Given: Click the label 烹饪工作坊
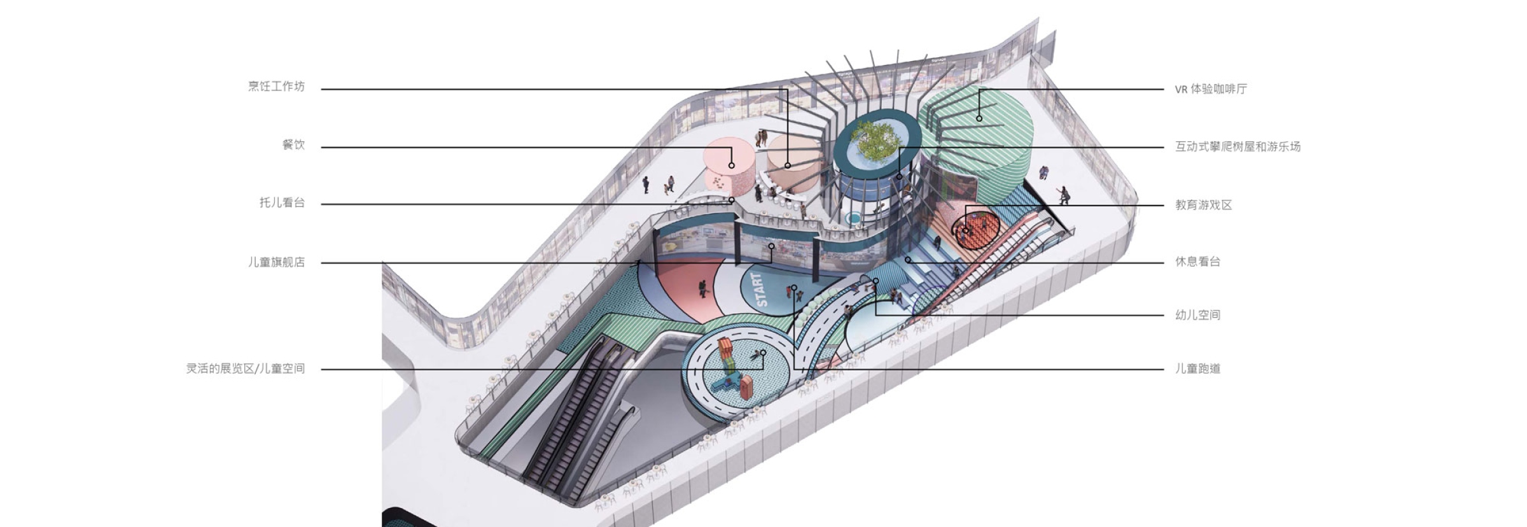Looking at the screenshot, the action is point(276,87).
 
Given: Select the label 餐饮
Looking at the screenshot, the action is point(293,144).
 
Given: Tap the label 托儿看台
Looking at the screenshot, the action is point(282,203).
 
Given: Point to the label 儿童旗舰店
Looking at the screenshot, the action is point(276,262).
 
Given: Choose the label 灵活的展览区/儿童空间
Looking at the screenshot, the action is point(246,369).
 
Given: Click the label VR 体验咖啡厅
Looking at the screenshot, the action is point(1211,89).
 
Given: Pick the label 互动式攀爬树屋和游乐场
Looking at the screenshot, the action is point(1238,146).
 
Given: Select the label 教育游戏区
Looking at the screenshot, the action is point(1203,205).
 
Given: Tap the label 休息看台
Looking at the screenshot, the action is point(1197,262).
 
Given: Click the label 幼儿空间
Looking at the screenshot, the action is point(1197,315).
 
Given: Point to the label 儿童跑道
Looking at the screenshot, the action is point(1197,369).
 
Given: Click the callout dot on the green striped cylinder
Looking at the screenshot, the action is point(979,118).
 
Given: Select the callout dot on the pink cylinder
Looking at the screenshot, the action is point(732,165).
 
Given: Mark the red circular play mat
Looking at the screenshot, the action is point(976,229).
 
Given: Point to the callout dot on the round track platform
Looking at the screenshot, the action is point(763,353).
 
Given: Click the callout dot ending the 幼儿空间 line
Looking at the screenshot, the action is point(876,281).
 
